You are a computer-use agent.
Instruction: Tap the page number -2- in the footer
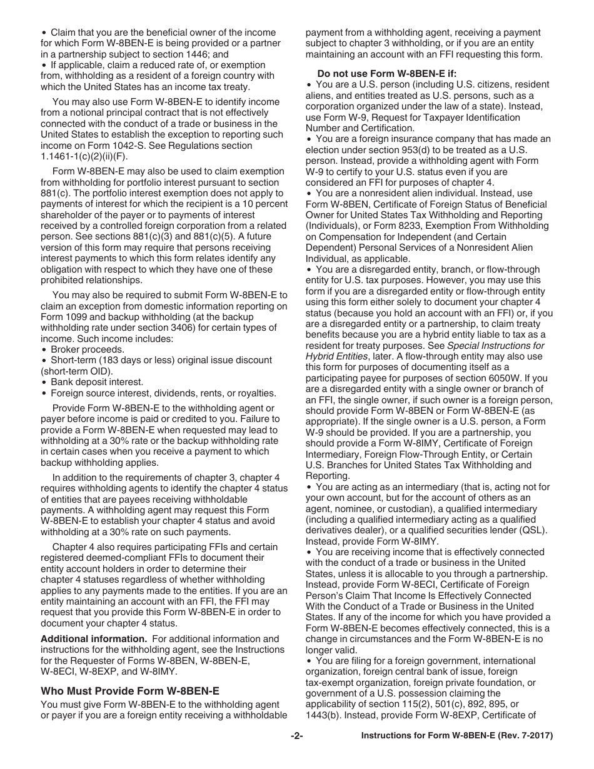click(296, 736)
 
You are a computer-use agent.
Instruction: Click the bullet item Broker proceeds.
click(87, 349)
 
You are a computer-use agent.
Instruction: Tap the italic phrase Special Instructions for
click(497, 346)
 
